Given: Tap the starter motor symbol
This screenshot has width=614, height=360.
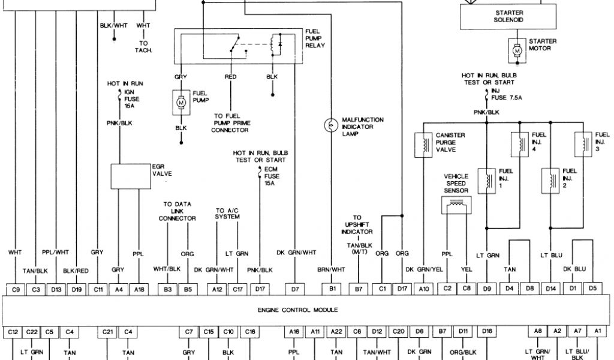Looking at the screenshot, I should click(516, 52).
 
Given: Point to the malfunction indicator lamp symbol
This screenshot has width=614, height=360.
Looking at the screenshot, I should click(329, 125).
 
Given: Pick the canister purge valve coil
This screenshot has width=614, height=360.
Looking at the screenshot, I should click(425, 144).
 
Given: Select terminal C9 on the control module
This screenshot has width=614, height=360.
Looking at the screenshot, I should click(16, 289).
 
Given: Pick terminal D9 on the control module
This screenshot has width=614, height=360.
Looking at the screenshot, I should click(487, 289).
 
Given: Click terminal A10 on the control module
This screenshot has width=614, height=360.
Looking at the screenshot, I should click(425, 289).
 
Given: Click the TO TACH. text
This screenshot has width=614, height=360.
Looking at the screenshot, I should click(144, 47).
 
